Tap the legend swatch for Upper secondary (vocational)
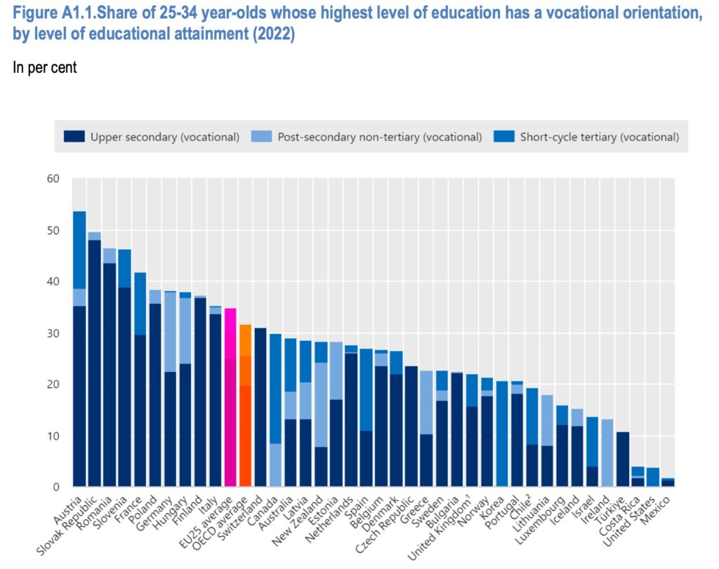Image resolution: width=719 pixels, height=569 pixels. tap(73, 137)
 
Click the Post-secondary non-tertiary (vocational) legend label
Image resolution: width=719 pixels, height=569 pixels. tap(379, 137)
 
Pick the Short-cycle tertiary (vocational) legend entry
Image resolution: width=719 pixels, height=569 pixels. tap(599, 137)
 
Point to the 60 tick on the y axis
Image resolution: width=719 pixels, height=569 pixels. tap(53, 180)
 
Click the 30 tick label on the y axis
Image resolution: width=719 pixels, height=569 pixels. tap(53, 333)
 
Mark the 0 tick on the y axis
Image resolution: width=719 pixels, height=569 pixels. tap(56, 487)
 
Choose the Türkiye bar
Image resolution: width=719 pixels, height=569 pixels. tap(623, 459)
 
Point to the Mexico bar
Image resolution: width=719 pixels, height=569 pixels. tap(668, 483)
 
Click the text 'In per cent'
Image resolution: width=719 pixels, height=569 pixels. tap(44, 68)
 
